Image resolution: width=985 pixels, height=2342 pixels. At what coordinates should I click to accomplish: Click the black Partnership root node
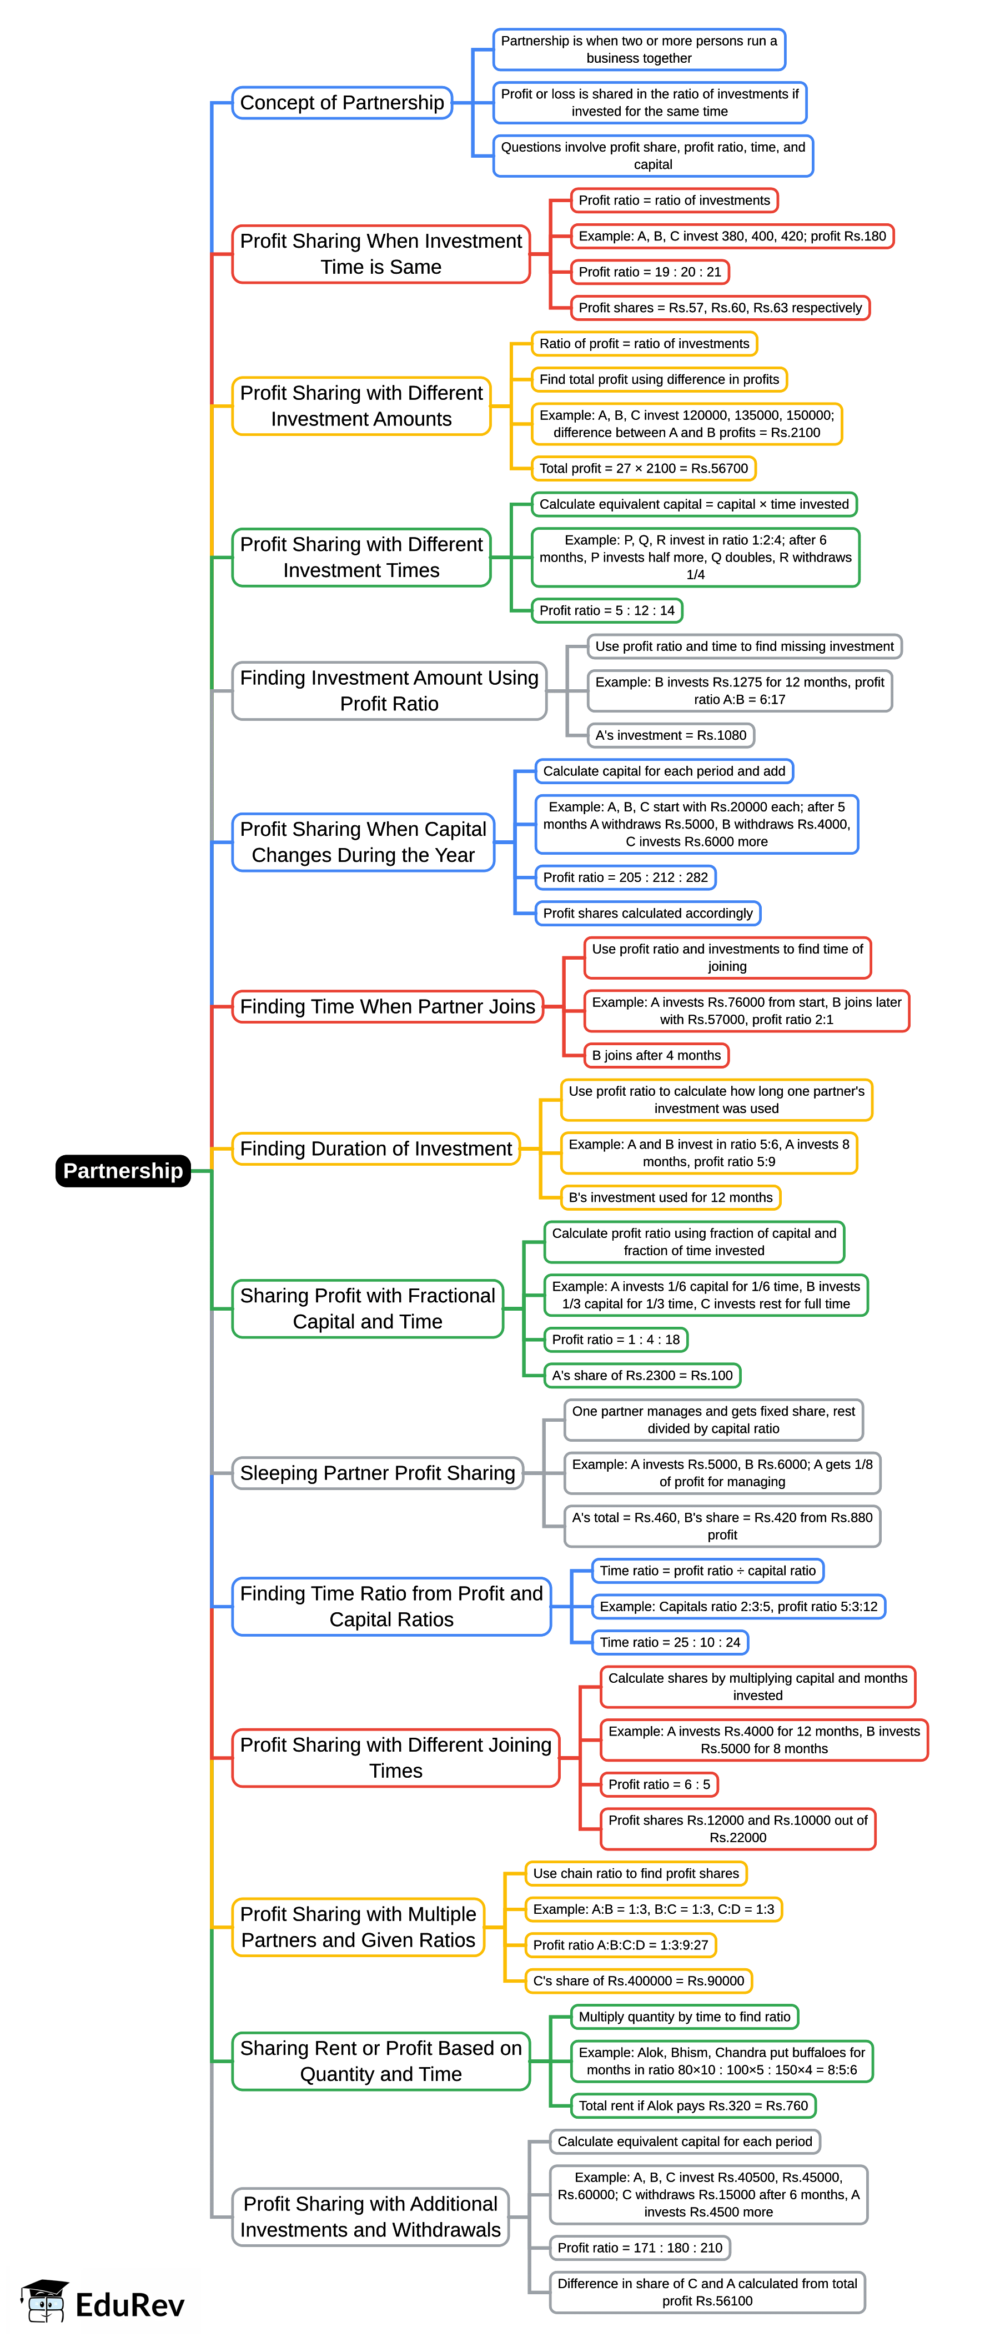[123, 1170]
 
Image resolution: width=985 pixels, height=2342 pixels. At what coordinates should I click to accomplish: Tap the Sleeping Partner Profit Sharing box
[377, 1473]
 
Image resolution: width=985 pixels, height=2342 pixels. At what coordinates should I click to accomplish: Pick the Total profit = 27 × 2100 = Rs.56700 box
[644, 468]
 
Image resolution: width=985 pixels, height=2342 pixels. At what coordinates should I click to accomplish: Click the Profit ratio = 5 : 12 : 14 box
[607, 610]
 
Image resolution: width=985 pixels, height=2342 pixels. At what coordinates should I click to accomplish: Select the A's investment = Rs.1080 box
[671, 735]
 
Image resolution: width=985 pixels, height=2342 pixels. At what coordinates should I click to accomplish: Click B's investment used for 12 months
[671, 1197]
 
